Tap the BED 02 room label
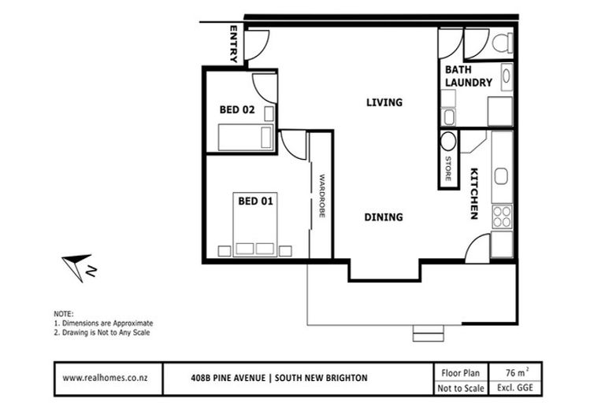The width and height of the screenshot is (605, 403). [x=236, y=109]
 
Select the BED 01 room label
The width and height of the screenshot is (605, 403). [x=255, y=201]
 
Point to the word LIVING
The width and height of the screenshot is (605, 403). [x=384, y=102]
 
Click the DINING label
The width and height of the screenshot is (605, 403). [x=384, y=217]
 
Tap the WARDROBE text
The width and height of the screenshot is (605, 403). [x=321, y=196]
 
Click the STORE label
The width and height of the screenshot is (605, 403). [x=448, y=170]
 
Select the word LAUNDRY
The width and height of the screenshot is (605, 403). [x=469, y=82]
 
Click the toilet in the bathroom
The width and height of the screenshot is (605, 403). [x=501, y=44]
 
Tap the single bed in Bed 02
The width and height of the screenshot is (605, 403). [x=245, y=139]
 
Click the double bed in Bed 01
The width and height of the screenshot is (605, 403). [x=255, y=228]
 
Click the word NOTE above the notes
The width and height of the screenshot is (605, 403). [x=63, y=313]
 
